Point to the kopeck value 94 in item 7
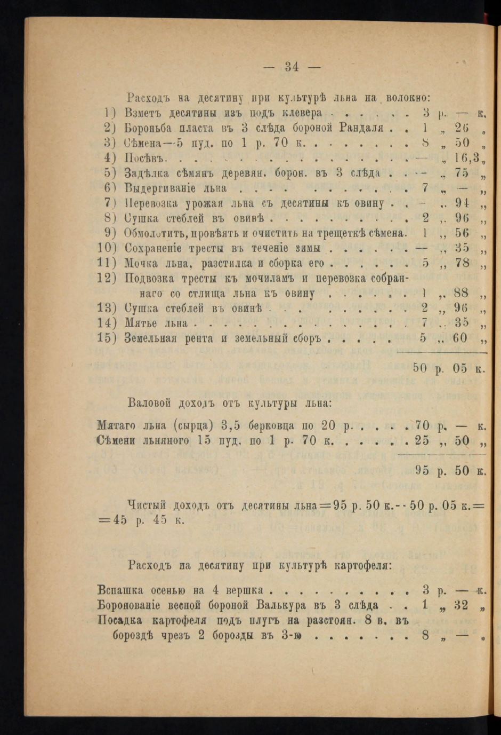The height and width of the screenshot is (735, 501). [458, 204]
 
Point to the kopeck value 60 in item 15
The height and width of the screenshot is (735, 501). [459, 338]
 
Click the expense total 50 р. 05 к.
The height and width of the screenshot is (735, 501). [448, 367]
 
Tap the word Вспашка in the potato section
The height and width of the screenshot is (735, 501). [120, 590]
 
